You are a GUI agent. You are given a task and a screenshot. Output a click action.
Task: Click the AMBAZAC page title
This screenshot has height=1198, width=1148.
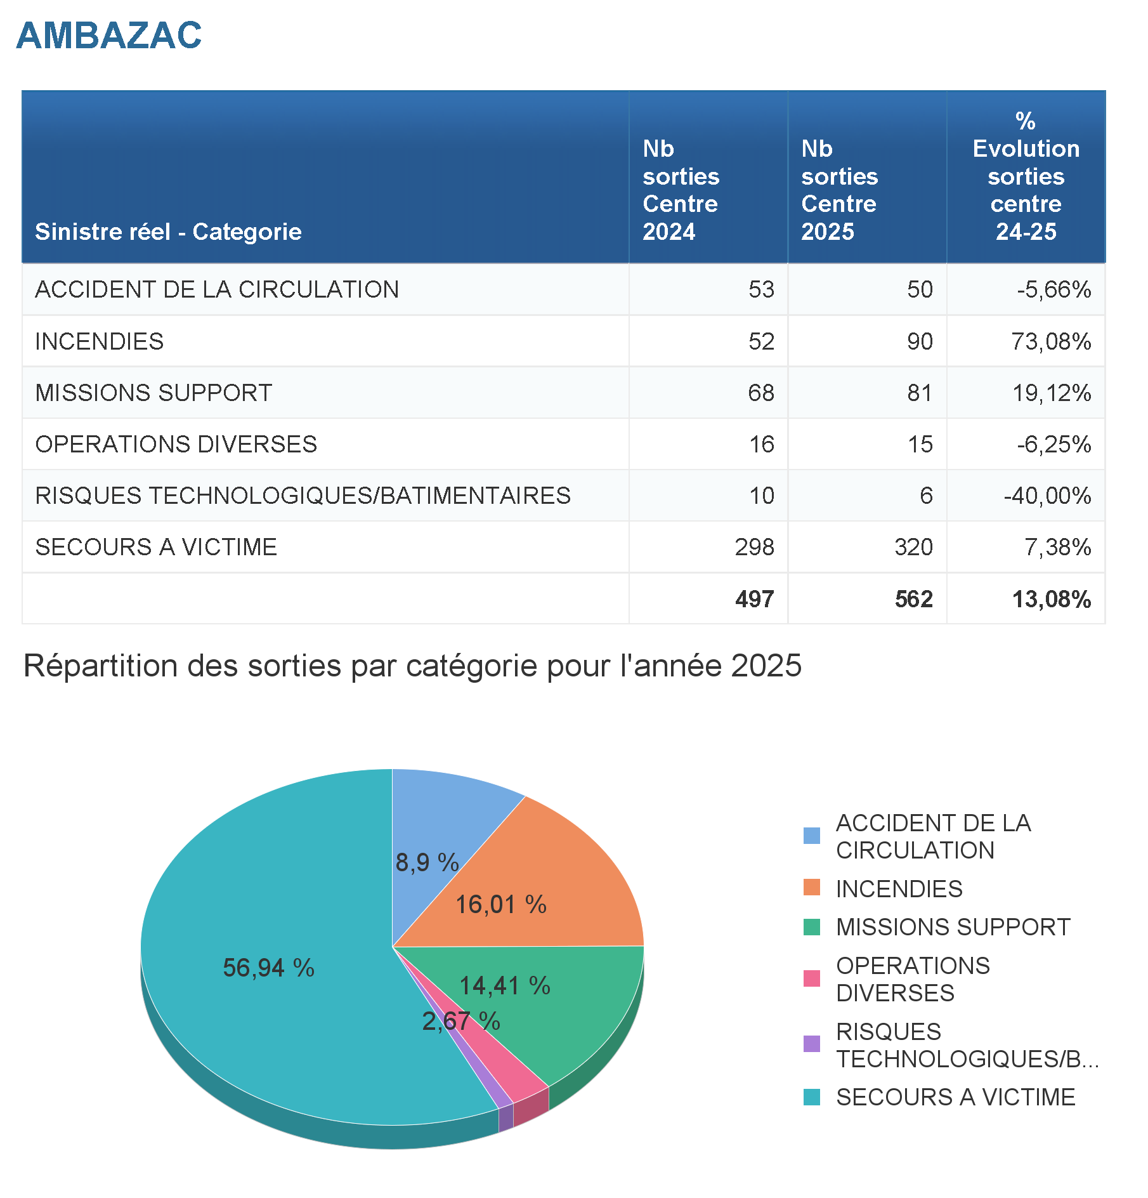pyautogui.click(x=109, y=36)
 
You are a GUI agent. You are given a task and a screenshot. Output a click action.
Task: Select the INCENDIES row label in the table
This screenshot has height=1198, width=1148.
pyautogui.click(x=100, y=341)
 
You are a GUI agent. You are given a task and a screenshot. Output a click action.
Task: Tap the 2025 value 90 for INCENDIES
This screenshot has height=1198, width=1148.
pyautogui.click(x=919, y=341)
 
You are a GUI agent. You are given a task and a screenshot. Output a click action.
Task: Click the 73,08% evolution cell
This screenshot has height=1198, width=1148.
pyautogui.click(x=1051, y=341)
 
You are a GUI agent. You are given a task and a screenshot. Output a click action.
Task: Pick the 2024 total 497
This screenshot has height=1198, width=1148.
pyautogui.click(x=754, y=599)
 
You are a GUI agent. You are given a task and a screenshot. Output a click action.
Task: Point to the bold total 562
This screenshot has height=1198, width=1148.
pyautogui.click(x=913, y=599)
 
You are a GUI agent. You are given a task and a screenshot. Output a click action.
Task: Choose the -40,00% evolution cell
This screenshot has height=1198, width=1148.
pyautogui.click(x=1047, y=496)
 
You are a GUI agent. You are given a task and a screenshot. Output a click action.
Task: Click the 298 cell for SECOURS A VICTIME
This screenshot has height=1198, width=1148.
pyautogui.click(x=754, y=547)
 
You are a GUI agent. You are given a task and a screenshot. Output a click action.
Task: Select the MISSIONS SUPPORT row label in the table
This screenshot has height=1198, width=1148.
pyautogui.click(x=153, y=393)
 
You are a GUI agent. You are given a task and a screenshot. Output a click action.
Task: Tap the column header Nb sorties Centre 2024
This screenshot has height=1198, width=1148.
pyautogui.click(x=681, y=190)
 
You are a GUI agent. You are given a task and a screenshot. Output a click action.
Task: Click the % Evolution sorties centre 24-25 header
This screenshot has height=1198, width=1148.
pyautogui.click(x=1026, y=176)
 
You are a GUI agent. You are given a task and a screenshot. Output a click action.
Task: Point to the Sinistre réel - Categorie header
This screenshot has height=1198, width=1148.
pyautogui.click(x=168, y=232)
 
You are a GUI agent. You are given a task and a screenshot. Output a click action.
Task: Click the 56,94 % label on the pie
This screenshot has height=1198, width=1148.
pyautogui.click(x=268, y=968)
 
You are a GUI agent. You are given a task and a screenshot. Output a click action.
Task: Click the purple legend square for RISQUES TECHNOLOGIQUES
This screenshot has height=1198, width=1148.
pyautogui.click(x=811, y=1044)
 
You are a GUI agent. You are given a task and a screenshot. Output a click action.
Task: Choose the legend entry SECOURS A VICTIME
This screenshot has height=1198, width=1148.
pyautogui.click(x=955, y=1097)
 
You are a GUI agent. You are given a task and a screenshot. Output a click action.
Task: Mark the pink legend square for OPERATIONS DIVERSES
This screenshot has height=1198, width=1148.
pyautogui.click(x=811, y=978)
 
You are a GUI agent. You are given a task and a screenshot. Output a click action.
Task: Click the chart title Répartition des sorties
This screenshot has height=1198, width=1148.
pyautogui.click(x=412, y=666)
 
